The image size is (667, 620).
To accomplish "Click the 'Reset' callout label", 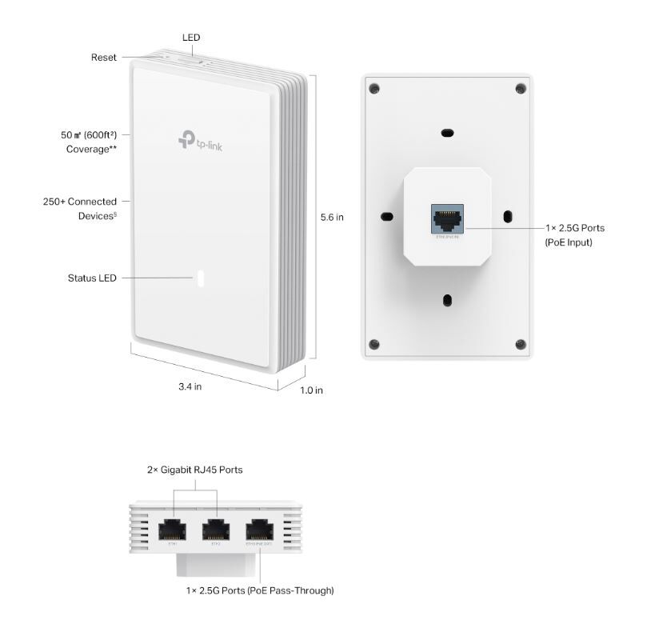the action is coord(103,58).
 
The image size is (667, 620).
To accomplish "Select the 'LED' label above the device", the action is coord(191,38).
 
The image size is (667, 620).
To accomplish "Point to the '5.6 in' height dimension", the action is coord(332,217).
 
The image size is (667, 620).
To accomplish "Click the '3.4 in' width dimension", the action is coord(190,386).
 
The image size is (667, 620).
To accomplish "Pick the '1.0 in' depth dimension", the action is coord(311,390).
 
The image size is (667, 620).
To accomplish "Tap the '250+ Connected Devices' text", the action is coord(80,209).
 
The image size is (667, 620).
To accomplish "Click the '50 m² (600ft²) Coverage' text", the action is coord(89,142).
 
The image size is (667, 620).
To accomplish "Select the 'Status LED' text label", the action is coord(92,278).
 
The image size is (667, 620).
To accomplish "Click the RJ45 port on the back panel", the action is coord(446,217).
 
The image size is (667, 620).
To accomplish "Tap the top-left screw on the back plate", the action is coord(374,88).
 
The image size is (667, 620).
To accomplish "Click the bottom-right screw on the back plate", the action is coord(521,344).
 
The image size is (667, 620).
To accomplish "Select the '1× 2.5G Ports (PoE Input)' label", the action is coord(574,235).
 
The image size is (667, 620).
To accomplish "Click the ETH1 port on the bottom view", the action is coord(174,530).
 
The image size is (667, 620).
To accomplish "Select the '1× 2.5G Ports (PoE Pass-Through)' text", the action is coord(259,590).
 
